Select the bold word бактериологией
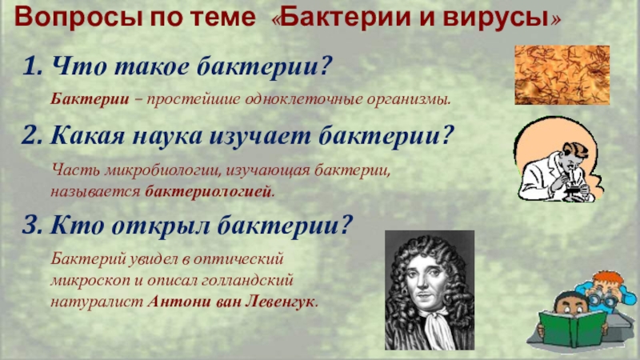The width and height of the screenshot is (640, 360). tap(208, 193)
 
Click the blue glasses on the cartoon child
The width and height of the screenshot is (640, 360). tap(602, 295)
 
